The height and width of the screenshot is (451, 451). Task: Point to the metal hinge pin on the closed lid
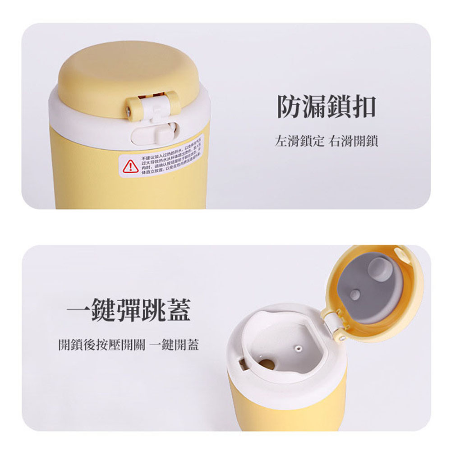(129, 109)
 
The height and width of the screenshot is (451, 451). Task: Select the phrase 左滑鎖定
(299, 142)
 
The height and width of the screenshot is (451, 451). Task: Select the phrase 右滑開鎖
(353, 142)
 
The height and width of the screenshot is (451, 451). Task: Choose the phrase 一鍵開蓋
(174, 345)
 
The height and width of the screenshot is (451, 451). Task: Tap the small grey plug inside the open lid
(355, 295)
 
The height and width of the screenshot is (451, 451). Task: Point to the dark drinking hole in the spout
(267, 364)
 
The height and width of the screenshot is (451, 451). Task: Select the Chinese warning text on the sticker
(171, 159)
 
